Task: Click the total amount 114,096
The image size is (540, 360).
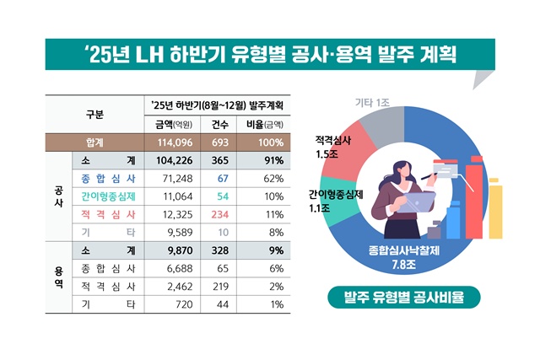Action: (175, 142)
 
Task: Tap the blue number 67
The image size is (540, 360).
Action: (223, 179)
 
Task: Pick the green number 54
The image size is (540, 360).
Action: (223, 196)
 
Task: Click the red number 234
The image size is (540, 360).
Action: (223, 214)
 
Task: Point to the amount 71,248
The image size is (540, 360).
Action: (175, 179)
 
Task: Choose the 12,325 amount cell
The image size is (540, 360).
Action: (175, 214)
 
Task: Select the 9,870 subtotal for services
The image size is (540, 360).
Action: (175, 250)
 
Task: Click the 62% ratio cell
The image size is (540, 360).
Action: (272, 179)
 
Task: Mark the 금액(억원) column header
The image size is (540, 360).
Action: (174, 124)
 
